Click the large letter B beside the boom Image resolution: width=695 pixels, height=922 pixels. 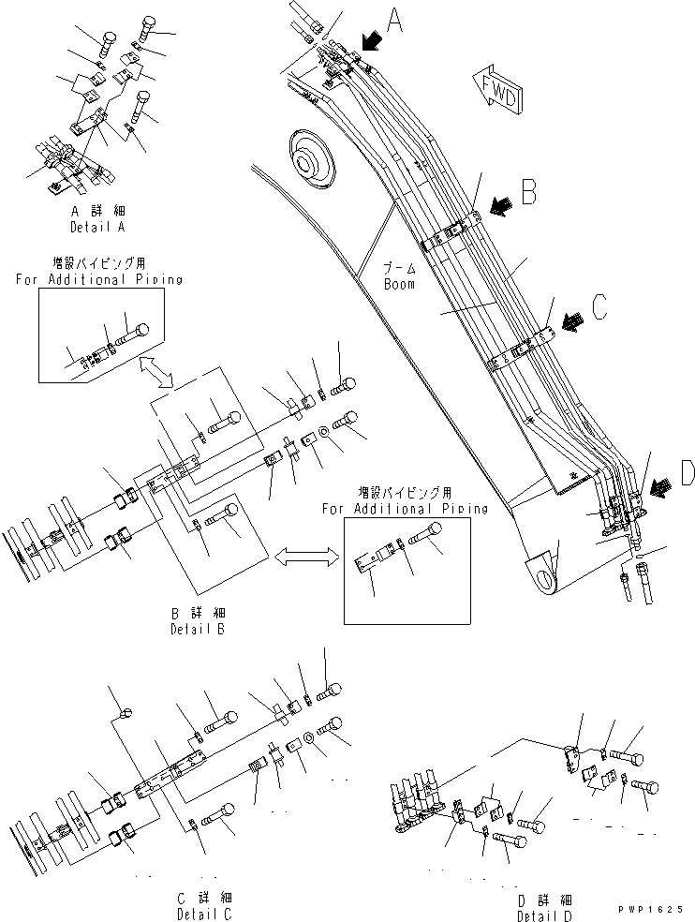pyautogui.click(x=527, y=192)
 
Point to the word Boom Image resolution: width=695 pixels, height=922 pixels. pyautogui.click(x=399, y=284)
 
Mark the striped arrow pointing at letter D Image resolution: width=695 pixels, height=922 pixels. pyautogui.click(x=658, y=484)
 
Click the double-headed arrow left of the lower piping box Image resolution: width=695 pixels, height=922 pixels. pyautogui.click(x=305, y=557)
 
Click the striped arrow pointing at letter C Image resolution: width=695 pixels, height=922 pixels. pyautogui.click(x=569, y=321)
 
